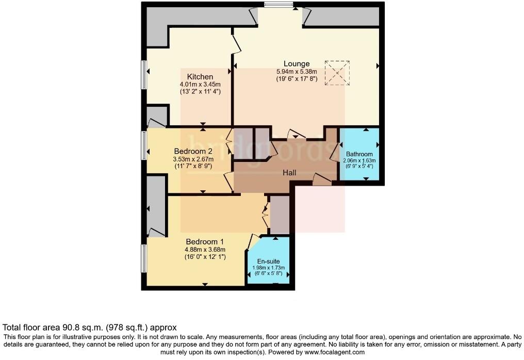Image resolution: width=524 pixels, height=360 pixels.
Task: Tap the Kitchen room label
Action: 200,77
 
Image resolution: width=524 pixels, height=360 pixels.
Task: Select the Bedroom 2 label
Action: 193,151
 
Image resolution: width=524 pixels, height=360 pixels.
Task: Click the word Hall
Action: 289,173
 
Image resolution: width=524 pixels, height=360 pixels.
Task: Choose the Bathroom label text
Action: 359,154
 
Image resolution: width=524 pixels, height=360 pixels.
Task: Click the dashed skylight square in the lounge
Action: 337,73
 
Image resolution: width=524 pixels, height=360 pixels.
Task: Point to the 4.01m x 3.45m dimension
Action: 200,85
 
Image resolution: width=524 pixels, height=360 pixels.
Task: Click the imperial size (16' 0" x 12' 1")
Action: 205,256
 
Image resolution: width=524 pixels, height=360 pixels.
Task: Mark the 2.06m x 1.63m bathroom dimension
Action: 359,160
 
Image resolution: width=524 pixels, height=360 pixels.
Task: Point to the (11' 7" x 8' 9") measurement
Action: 193,167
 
